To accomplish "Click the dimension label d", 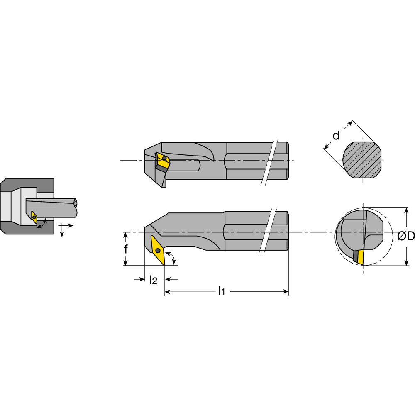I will [336, 135].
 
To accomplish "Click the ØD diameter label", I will [405, 236].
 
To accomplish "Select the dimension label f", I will [126, 249].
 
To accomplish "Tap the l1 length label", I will [222, 292].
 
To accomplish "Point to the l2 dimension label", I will [153, 280].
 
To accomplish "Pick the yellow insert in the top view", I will [162, 161].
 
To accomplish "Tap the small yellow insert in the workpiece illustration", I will [34, 217].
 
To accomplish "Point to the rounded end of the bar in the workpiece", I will [76, 203].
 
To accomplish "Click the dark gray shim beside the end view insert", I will [355, 256].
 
